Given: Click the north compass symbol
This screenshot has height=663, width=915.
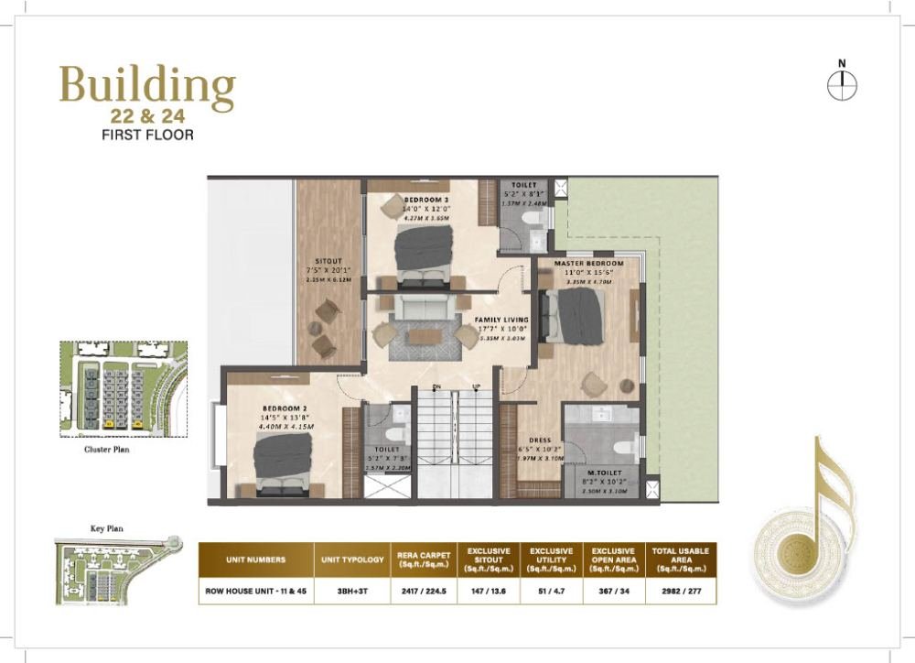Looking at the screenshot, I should [x=841, y=85].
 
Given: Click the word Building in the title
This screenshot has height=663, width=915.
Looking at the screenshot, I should [x=147, y=88].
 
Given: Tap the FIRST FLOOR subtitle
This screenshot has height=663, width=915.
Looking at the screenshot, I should [x=147, y=134].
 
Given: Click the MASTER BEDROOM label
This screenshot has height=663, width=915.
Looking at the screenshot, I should [x=594, y=264].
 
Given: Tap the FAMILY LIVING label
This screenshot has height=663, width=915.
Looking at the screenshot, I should [x=501, y=320].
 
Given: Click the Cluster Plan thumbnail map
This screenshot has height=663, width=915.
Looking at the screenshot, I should [x=123, y=387].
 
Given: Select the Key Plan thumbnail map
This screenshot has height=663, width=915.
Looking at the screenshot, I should [x=111, y=571].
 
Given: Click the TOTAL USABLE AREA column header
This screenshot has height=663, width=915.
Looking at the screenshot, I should [x=680, y=559].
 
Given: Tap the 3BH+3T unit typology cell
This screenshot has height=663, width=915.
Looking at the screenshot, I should [x=352, y=592].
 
